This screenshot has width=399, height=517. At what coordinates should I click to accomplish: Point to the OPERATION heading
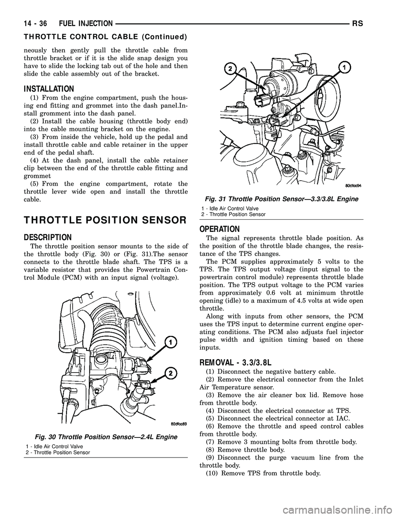click(219, 229)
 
